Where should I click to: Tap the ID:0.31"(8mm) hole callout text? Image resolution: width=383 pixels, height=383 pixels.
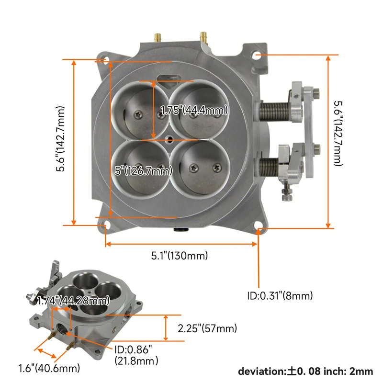click(280, 296)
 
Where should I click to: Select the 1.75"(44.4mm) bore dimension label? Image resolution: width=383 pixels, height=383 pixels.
click(194, 110)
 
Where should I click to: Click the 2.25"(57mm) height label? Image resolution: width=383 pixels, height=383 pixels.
click(207, 328)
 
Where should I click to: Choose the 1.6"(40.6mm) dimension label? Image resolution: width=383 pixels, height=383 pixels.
click(49, 368)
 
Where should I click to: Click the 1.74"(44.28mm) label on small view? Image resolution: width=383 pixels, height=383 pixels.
click(73, 300)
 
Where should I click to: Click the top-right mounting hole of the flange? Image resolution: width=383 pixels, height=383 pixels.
click(258, 56)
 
